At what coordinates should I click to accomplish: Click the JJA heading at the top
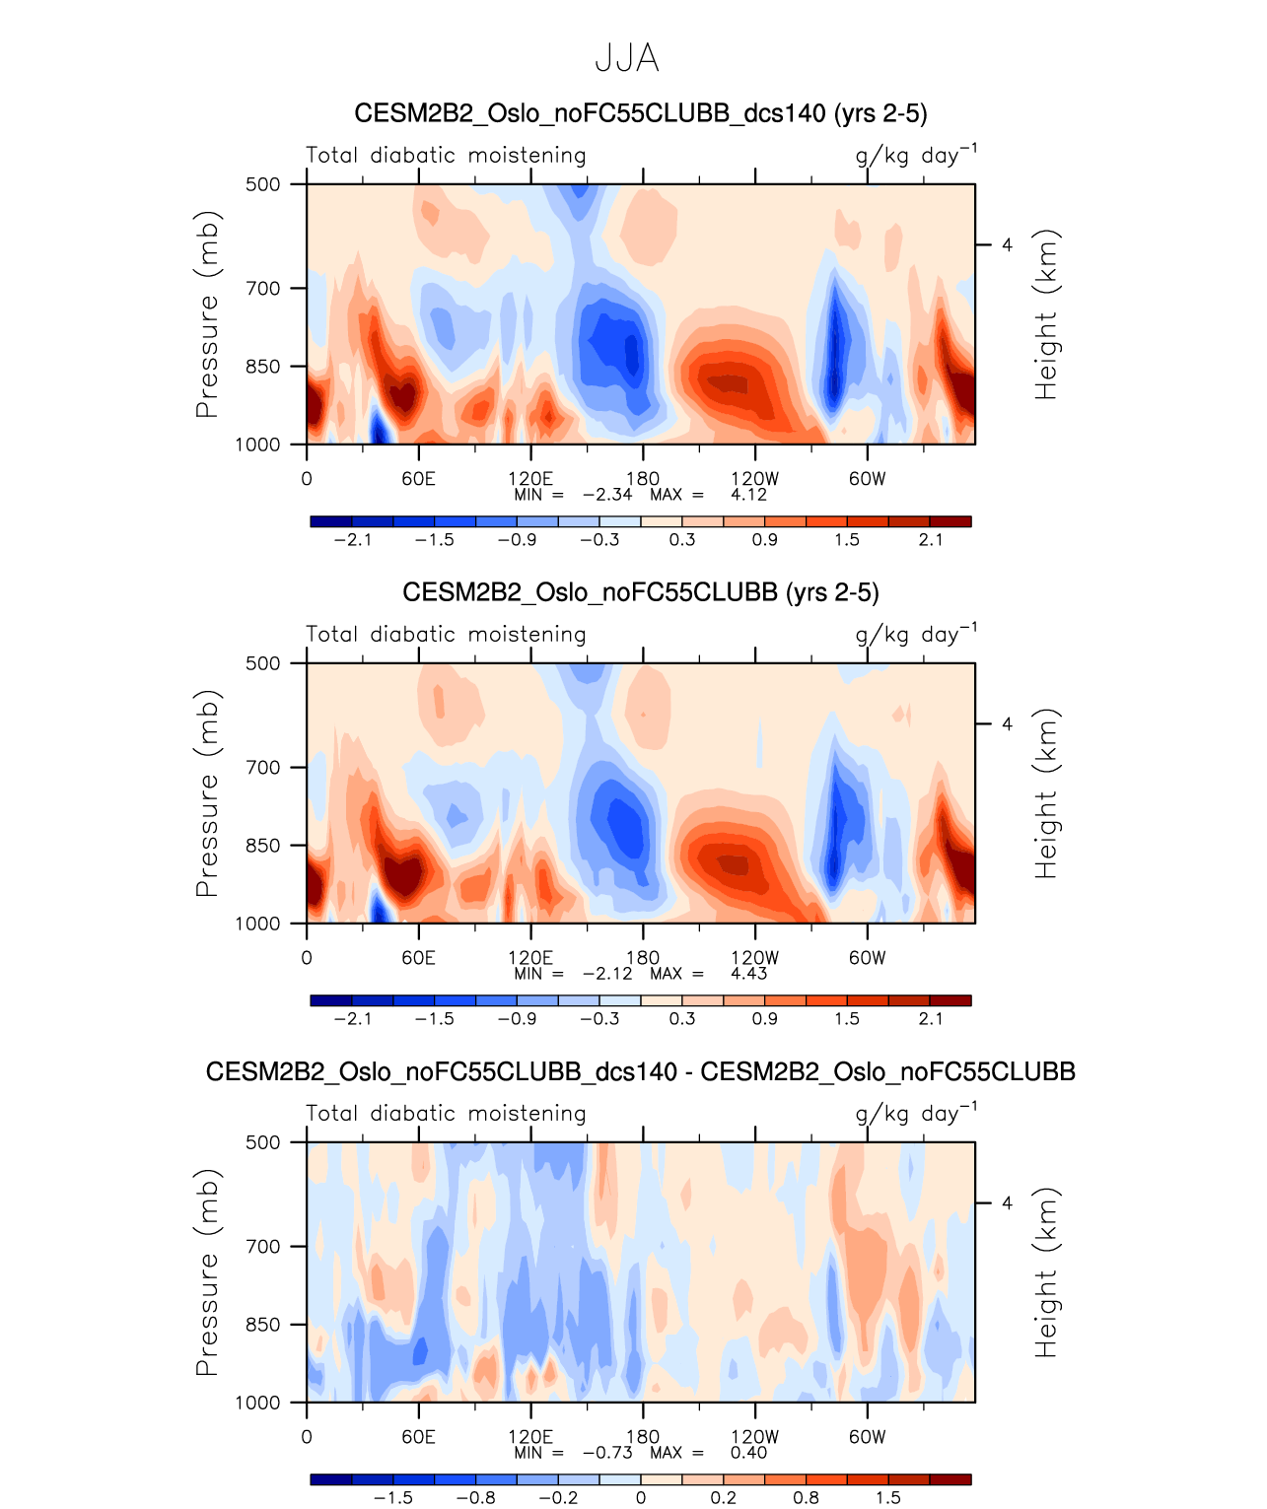click(627, 59)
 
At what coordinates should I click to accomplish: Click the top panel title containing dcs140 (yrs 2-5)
click(640, 113)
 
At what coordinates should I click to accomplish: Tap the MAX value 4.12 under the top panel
click(748, 495)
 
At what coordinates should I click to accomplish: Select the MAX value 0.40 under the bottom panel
click(748, 1453)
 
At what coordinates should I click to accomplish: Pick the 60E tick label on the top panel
click(418, 479)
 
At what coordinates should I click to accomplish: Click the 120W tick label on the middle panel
click(754, 958)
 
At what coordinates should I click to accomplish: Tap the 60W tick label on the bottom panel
click(867, 1437)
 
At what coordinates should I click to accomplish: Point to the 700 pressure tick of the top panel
click(262, 289)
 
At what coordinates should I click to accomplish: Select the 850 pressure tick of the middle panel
click(262, 846)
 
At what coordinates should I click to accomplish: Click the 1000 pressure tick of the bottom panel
click(257, 1404)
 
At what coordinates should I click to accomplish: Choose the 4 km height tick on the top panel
click(1007, 245)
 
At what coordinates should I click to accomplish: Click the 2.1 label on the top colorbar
click(930, 540)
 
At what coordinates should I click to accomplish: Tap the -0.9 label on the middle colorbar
click(517, 1019)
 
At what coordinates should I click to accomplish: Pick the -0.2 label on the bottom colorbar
click(558, 1498)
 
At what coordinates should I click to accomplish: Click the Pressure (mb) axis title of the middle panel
click(207, 793)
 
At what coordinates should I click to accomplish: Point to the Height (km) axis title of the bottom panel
click(1045, 1272)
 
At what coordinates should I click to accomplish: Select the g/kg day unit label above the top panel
click(915, 155)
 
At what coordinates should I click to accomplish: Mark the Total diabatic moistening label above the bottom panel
click(446, 1114)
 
